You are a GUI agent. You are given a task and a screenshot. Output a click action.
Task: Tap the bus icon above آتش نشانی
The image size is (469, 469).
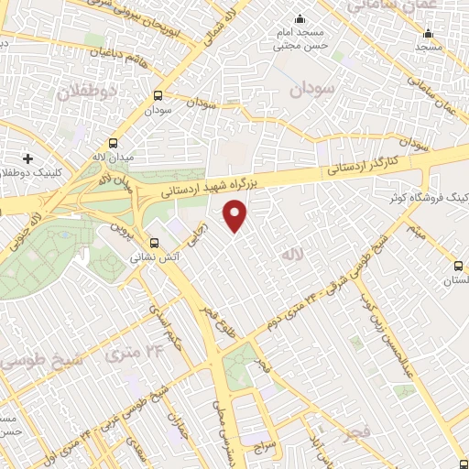[154, 244]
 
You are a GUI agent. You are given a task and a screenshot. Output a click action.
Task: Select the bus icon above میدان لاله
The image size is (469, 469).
[114, 143]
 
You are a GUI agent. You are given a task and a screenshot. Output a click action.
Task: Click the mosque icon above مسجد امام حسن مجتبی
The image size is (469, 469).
[300, 20]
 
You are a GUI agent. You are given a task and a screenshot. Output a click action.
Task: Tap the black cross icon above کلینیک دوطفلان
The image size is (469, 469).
[28, 158]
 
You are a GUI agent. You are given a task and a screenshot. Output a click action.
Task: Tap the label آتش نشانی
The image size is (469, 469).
[147, 259]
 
